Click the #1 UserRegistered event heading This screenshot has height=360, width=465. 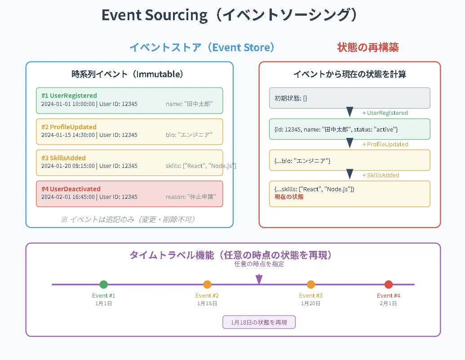tap(69, 96)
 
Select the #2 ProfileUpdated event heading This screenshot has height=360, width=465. tap(69, 127)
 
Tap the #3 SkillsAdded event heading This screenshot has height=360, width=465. tap(63, 158)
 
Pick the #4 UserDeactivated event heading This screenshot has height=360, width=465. tap(71, 189)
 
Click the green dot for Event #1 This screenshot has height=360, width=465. tap(103, 285)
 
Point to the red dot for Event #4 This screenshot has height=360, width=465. tap(389, 285)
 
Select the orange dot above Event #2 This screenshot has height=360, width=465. tap(207, 285)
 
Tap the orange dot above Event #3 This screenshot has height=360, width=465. tap(311, 285)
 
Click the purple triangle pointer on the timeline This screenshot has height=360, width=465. tap(259, 279)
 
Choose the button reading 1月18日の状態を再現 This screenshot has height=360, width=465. tap(259, 322)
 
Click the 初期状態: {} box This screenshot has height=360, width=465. tap(350, 98)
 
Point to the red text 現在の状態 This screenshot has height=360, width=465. tap(289, 197)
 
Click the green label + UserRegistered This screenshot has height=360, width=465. tap(385, 113)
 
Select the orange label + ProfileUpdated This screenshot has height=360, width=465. tap(385, 144)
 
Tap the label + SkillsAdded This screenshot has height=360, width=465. tap(381, 176)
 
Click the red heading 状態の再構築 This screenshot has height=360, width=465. tap(368, 48)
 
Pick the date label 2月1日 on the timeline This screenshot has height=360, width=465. tap(388, 303)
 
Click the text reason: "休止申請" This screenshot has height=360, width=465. tap(190, 197)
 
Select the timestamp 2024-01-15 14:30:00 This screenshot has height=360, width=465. tap(68, 135)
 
